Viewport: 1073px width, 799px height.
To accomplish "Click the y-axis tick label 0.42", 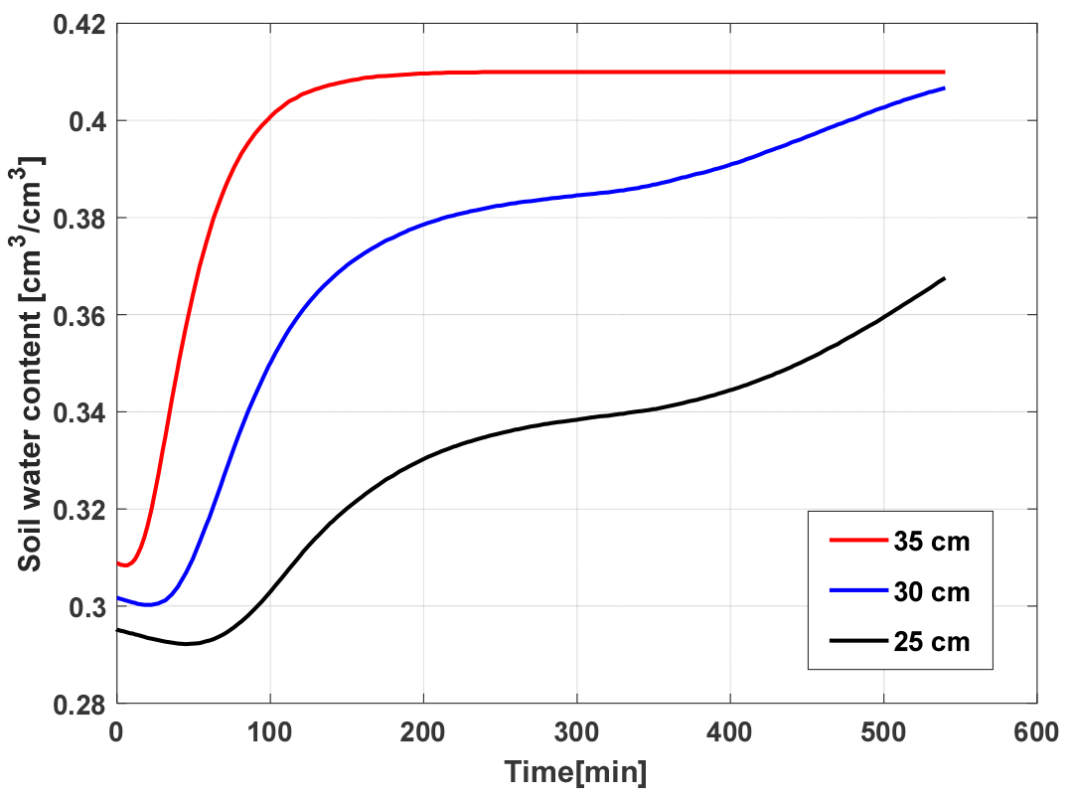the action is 79,25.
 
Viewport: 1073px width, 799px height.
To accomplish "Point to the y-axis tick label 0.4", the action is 87,122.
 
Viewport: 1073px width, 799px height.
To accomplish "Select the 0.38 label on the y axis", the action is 79,219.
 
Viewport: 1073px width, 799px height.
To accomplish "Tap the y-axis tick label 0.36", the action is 79,316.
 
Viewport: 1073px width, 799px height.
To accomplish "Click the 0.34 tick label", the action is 79,413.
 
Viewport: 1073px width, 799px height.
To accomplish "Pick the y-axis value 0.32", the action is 79,511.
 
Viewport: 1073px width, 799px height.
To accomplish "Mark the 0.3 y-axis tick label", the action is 87,608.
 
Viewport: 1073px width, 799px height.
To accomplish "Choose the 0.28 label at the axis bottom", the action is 79,706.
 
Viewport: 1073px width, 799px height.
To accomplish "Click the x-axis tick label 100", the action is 269,732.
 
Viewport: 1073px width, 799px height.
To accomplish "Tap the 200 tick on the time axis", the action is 423,732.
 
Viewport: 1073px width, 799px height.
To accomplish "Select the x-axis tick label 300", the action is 576,732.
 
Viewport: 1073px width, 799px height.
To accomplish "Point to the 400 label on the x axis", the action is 729,732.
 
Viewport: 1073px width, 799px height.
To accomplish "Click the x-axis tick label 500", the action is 883,732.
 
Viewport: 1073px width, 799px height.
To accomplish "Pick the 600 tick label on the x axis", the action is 1036,732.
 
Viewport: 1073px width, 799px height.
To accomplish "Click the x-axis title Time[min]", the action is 575,772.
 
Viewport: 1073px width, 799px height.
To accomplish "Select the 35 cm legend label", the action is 931,542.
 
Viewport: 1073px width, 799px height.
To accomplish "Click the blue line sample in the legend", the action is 858,590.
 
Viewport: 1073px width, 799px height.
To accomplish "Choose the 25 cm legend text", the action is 931,642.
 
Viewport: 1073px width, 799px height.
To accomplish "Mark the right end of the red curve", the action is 945,72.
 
